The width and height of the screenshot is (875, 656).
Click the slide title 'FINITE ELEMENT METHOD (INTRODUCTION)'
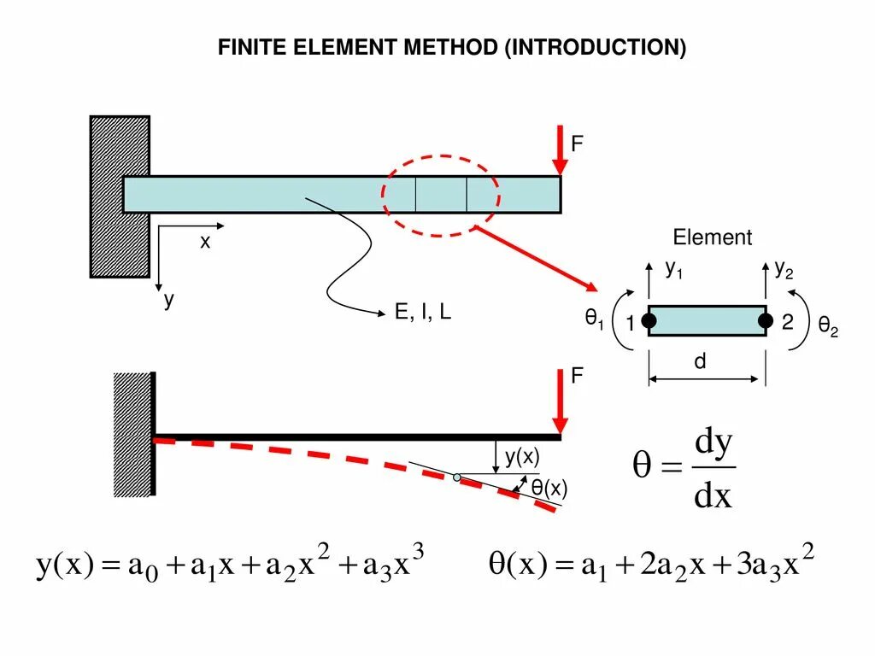tap(451, 48)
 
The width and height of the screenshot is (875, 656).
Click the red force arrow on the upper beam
tap(560, 152)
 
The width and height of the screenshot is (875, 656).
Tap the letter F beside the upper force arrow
tap(577, 143)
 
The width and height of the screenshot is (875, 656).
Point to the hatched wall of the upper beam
tap(120, 196)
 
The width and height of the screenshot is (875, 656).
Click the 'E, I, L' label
tap(422, 313)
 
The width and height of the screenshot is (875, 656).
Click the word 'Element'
tap(712, 237)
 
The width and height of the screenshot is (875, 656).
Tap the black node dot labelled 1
tap(649, 321)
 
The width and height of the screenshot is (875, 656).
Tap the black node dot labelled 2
tap(765, 321)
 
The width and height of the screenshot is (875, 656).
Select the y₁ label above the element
tap(674, 270)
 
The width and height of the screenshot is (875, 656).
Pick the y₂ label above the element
tap(784, 270)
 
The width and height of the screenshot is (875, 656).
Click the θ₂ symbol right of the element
tap(827, 325)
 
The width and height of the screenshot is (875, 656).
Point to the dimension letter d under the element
tap(700, 361)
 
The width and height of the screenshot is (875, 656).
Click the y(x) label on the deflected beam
tap(520, 457)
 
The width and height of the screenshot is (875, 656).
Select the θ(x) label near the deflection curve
tap(549, 489)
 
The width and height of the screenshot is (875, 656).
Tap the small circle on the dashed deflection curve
tap(457, 477)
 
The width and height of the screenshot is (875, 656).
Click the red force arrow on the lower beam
tap(560, 402)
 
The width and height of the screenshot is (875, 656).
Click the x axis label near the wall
tap(205, 242)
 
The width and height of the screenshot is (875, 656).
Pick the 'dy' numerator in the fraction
tap(714, 444)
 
